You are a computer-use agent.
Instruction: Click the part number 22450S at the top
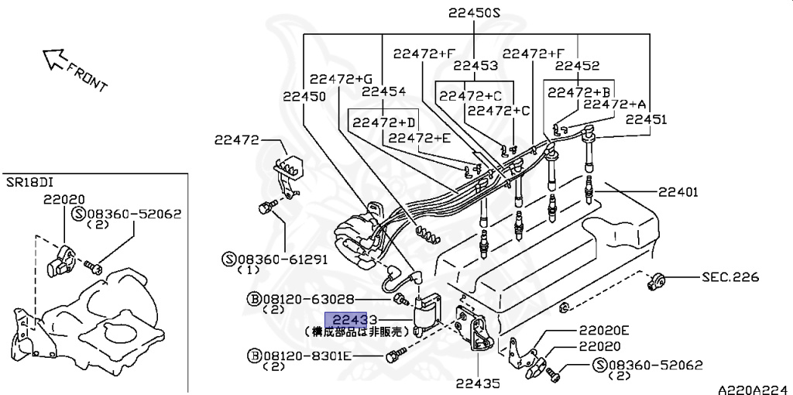click(475, 13)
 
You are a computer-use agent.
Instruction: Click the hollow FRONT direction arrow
click(54, 59)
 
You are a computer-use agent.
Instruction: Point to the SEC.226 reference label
click(730, 277)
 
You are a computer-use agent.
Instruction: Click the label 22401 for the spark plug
click(678, 191)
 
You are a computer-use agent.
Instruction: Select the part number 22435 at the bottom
click(477, 383)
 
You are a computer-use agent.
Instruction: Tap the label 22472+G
click(341, 78)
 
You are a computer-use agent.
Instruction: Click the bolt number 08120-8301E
click(305, 355)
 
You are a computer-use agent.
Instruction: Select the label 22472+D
click(386, 122)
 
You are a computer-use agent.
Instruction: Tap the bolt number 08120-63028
click(305, 298)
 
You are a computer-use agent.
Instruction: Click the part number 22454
click(384, 91)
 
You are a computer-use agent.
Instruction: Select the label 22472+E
click(419, 138)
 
